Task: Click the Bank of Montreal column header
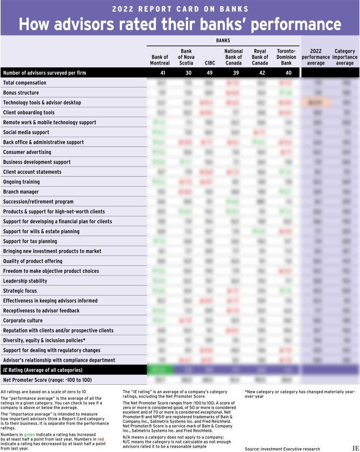click(x=160, y=60)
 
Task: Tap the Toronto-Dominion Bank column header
click(x=287, y=57)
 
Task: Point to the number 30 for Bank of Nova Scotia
click(x=186, y=73)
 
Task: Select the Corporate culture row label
click(x=23, y=320)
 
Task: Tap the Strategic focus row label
click(x=20, y=290)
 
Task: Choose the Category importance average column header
click(x=345, y=57)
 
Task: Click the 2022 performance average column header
click(x=316, y=57)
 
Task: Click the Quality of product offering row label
click(x=33, y=261)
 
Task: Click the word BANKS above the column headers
click(x=224, y=41)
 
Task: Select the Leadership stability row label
click(x=25, y=281)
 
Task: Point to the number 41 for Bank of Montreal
click(x=160, y=73)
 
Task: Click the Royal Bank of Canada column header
click(x=260, y=57)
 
